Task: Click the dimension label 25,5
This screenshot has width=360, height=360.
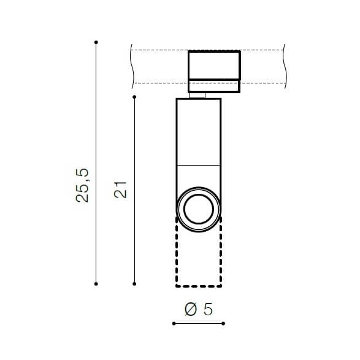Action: (x=84, y=186)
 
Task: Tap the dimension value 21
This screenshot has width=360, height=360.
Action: (x=121, y=190)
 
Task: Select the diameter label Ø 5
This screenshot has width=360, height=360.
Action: (x=198, y=310)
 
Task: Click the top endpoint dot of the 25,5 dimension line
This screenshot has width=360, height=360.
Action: (x=96, y=42)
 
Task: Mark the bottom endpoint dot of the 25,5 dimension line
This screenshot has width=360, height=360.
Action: (x=96, y=283)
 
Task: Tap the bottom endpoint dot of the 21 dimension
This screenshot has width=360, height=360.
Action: (x=134, y=283)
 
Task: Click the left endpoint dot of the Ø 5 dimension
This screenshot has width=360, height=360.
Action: (x=174, y=323)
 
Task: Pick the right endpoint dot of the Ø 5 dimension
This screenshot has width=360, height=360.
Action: (x=223, y=323)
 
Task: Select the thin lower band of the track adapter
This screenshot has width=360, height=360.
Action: (x=213, y=86)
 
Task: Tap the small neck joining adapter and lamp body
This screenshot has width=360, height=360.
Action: (x=198, y=95)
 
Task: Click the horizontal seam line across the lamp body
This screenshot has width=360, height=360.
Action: (x=198, y=166)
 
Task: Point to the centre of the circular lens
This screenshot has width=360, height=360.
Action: (x=199, y=209)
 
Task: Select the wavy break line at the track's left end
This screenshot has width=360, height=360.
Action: (x=132, y=64)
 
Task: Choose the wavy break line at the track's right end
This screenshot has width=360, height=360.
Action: (x=285, y=64)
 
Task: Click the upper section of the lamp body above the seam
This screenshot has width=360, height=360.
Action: (x=198, y=132)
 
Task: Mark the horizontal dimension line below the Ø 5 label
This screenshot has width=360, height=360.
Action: (x=199, y=323)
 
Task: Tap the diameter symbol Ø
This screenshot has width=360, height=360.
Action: (x=190, y=310)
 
